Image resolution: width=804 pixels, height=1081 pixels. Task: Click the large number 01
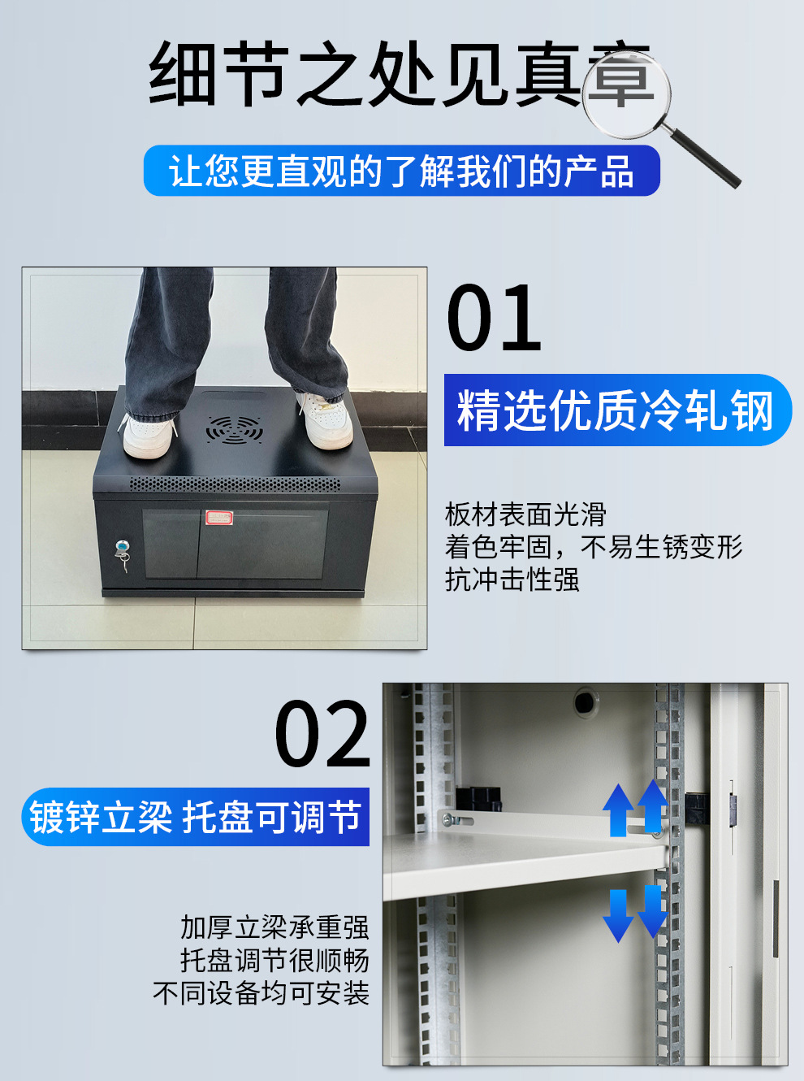tap(494, 317)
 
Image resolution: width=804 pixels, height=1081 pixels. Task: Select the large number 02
tap(323, 733)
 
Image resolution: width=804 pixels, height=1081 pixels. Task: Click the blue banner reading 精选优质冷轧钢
tap(617, 410)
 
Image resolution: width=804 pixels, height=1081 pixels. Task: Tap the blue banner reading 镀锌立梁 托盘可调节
tap(195, 816)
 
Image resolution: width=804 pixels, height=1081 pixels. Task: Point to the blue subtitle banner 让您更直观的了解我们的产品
tap(402, 171)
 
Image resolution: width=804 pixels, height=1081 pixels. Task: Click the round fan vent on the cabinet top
tap(234, 429)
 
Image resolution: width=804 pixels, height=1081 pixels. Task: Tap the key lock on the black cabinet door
tap(123, 554)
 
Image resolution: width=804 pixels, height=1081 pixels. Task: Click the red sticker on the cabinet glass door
tap(219, 517)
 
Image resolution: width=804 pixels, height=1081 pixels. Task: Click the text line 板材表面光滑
tap(526, 514)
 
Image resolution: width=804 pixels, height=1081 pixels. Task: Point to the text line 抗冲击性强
tap(512, 580)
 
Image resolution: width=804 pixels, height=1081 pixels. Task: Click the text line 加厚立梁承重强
tap(274, 927)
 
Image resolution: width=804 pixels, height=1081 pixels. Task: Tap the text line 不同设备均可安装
tap(261, 992)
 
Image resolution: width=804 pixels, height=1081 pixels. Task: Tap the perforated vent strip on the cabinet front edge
tap(235, 484)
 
